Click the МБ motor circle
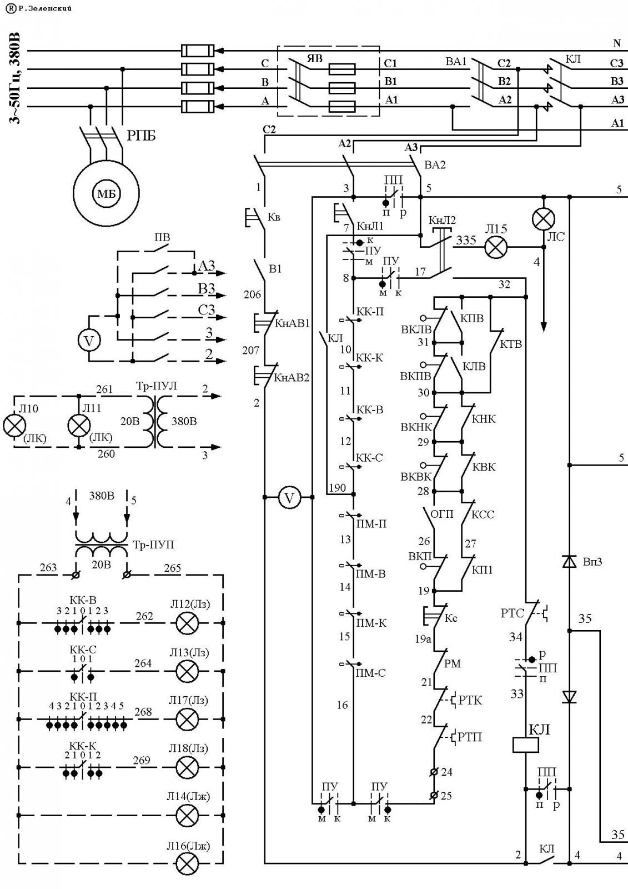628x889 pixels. [106, 194]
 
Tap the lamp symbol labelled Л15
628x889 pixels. [496, 247]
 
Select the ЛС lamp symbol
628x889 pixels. [544, 219]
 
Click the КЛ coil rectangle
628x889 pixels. [526, 745]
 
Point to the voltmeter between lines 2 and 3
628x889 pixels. [289, 497]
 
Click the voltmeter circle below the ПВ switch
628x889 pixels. [89, 341]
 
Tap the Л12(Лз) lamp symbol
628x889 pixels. [187, 623]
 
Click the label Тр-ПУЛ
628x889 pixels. [156, 386]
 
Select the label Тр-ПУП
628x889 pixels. [153, 545]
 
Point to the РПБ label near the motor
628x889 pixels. [141, 136]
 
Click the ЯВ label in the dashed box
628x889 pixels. [315, 59]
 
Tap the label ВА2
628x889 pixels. [435, 164]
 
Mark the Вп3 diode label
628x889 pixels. [592, 562]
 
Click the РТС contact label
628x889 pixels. [512, 613]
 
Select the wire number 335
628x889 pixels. [466, 240]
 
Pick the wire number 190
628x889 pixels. [337, 487]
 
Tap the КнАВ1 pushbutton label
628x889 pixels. [293, 323]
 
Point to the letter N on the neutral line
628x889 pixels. [616, 43]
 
